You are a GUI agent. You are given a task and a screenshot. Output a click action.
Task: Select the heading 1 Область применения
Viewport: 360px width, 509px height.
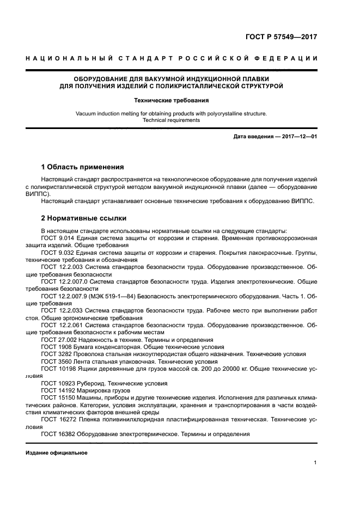(x=83, y=167)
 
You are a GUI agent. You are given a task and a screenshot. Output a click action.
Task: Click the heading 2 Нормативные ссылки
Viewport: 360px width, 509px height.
(x=84, y=218)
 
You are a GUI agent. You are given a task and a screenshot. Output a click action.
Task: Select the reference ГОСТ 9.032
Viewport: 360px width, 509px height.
(x=59, y=254)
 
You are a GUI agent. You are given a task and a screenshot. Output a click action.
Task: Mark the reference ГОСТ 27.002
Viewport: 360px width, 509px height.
(x=59, y=339)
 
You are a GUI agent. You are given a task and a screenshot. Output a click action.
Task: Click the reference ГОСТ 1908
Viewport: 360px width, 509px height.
(x=56, y=346)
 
